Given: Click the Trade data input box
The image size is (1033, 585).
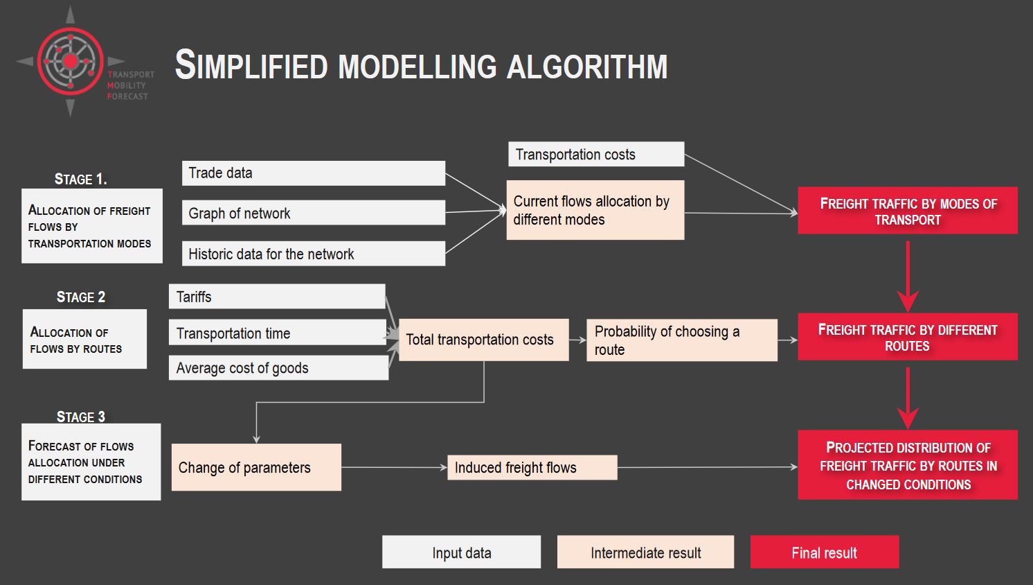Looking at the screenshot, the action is pyautogui.click(x=314, y=173).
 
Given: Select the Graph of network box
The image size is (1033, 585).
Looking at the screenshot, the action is pyautogui.click(x=314, y=213).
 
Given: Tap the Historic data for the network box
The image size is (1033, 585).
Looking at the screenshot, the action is pyautogui.click(x=314, y=254).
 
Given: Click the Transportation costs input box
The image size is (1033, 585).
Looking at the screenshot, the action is pyautogui.click(x=596, y=154).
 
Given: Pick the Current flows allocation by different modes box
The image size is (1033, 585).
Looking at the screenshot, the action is pyautogui.click(x=595, y=210).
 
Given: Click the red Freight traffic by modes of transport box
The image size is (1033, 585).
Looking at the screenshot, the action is pyautogui.click(x=908, y=211).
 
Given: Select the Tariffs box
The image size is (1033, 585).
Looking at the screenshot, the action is pyautogui.click(x=277, y=297).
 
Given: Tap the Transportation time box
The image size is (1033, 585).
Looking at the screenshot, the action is pyautogui.click(x=278, y=333).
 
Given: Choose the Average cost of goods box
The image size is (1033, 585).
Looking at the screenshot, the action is pyautogui.click(x=278, y=367).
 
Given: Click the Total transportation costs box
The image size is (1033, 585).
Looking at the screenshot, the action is pyautogui.click(x=484, y=340).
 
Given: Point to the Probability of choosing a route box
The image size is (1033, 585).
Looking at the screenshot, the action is pyautogui.click(x=682, y=340).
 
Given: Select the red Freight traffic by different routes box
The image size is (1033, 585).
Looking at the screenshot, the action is pyautogui.click(x=908, y=337).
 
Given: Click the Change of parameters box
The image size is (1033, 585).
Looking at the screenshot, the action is pyautogui.click(x=256, y=467).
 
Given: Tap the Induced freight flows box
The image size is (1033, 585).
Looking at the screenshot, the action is pyautogui.click(x=532, y=467).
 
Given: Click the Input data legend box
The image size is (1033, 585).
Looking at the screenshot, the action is pyautogui.click(x=462, y=552).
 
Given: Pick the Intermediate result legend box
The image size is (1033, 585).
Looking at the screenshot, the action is pyautogui.click(x=645, y=552).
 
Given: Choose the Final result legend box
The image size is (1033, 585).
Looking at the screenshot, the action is pyautogui.click(x=825, y=552).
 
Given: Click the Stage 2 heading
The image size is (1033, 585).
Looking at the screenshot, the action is pyautogui.click(x=81, y=297).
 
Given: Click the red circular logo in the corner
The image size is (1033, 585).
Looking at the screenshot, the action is pyautogui.click(x=70, y=61).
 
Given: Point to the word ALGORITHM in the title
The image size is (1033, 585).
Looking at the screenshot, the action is pyautogui.click(x=587, y=67).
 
